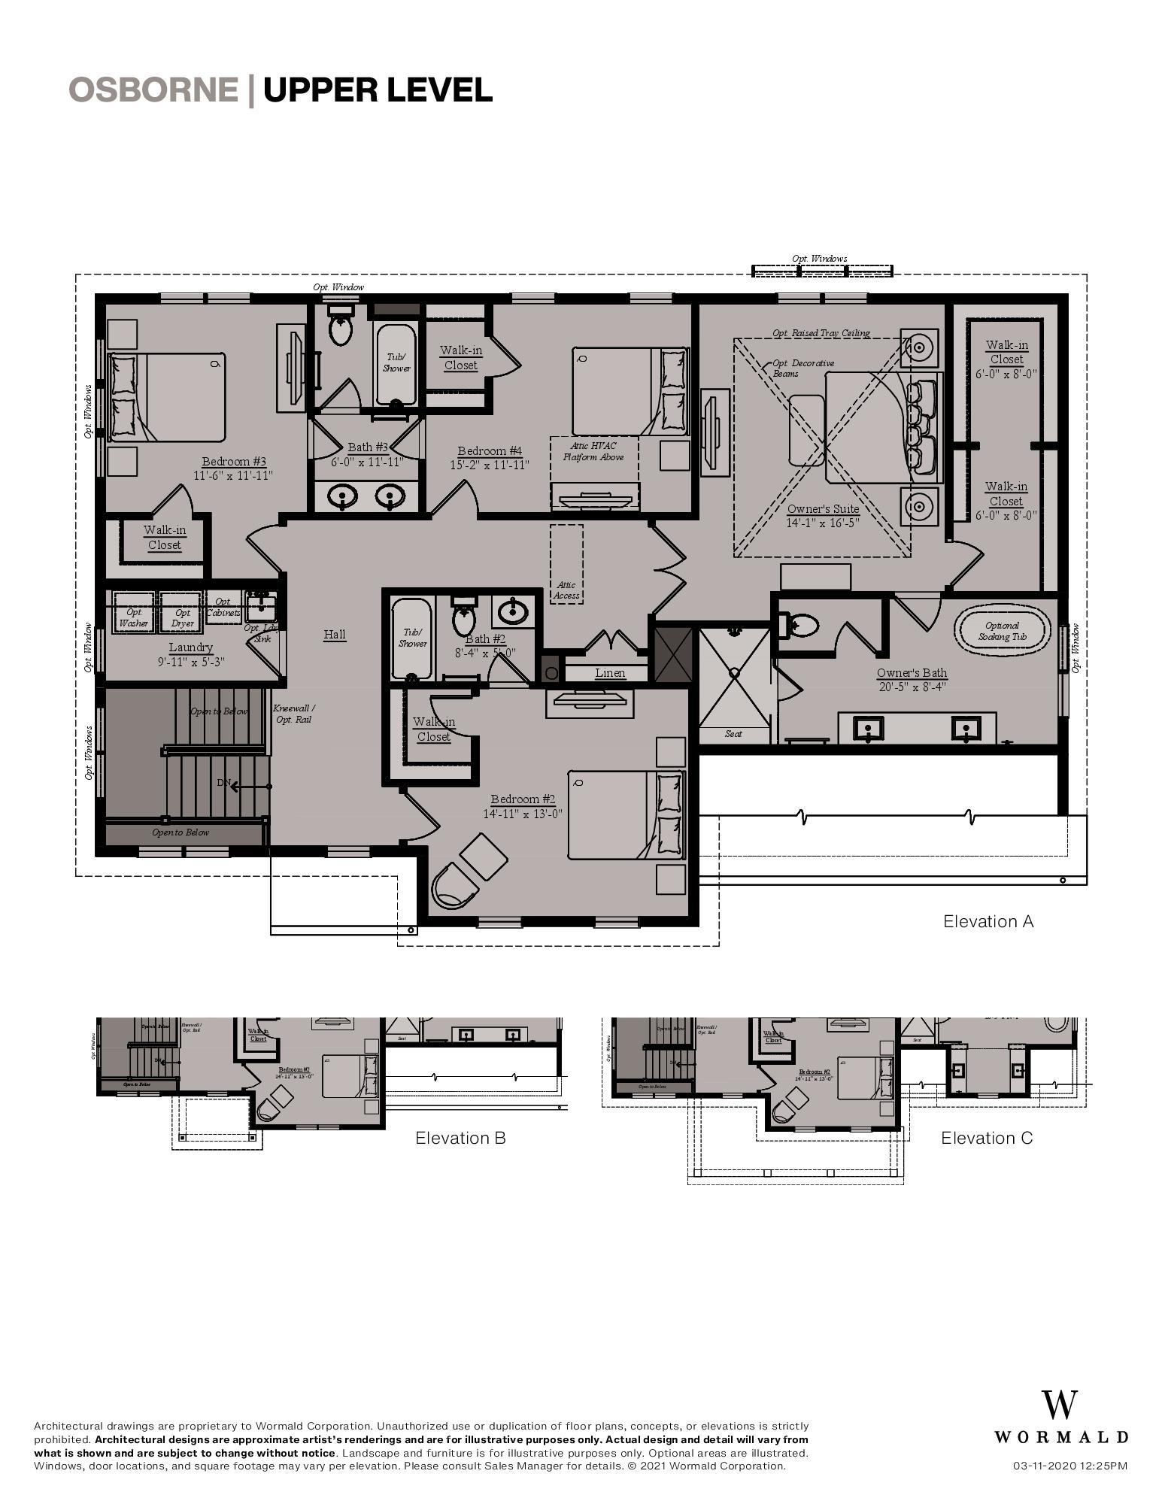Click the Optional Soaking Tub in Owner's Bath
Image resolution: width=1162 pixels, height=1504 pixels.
tap(1002, 631)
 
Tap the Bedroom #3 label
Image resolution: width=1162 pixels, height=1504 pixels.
tap(234, 461)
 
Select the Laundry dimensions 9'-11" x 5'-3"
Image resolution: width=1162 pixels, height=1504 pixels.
tap(191, 662)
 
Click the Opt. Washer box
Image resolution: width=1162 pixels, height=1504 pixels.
tap(134, 617)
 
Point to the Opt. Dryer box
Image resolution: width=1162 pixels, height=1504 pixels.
tap(182, 617)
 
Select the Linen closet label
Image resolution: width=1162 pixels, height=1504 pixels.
tap(609, 673)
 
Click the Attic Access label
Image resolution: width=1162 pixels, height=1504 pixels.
tap(566, 590)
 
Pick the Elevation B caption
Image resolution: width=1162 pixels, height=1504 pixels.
tap(460, 1138)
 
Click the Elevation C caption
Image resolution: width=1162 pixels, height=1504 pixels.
tap(987, 1138)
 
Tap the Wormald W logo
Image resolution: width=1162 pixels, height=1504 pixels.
tap(1059, 1405)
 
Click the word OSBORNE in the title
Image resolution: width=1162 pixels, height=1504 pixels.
tap(153, 89)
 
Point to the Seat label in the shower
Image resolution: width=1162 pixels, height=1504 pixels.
tap(733, 733)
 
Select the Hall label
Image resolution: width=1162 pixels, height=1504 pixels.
tap(335, 634)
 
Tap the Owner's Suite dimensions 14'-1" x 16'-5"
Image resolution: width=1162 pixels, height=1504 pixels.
tap(823, 523)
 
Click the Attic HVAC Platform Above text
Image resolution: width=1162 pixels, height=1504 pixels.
tap(593, 451)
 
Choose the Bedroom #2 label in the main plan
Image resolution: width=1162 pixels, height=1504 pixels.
tap(523, 799)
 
